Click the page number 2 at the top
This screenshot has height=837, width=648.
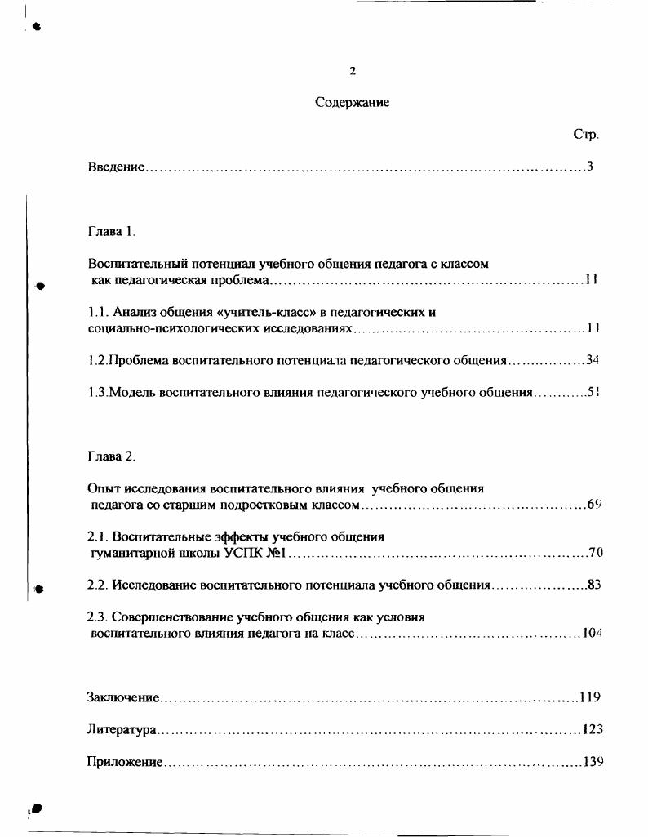353,71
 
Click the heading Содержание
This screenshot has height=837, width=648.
352,103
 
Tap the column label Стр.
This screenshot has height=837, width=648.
586,135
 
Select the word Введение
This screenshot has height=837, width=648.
116,167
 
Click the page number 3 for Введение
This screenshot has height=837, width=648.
589,167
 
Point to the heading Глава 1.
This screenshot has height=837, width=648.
111,231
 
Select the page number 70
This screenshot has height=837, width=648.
595,553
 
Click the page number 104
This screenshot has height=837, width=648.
592,634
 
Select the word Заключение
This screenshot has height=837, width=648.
122,697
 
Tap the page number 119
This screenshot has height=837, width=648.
590,697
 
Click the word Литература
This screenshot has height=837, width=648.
122,729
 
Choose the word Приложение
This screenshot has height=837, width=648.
124,762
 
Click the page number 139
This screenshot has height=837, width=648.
593,762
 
